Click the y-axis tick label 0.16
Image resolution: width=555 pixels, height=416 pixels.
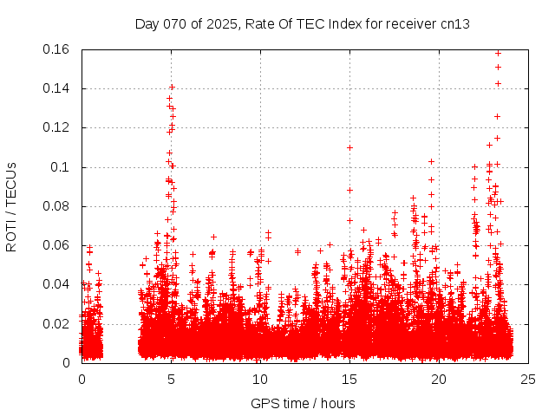57,49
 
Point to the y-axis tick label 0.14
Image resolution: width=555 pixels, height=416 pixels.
57,88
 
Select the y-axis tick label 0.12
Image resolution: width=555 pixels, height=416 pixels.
57,127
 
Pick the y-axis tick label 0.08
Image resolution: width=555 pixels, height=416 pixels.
57,206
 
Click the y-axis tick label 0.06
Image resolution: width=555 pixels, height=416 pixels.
57,245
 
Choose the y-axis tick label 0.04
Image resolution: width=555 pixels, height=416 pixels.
57,284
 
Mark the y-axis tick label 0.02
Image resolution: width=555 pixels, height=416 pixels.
57,324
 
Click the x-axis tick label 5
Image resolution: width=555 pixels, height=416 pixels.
171,379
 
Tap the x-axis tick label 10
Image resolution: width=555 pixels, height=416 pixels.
260,379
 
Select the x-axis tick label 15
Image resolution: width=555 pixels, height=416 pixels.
349,379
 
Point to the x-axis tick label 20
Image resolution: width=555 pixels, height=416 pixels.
439,379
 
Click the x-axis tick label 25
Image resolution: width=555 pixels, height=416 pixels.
528,379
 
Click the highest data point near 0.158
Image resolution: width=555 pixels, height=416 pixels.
498,53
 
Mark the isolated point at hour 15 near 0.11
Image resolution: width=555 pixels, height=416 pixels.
349,147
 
